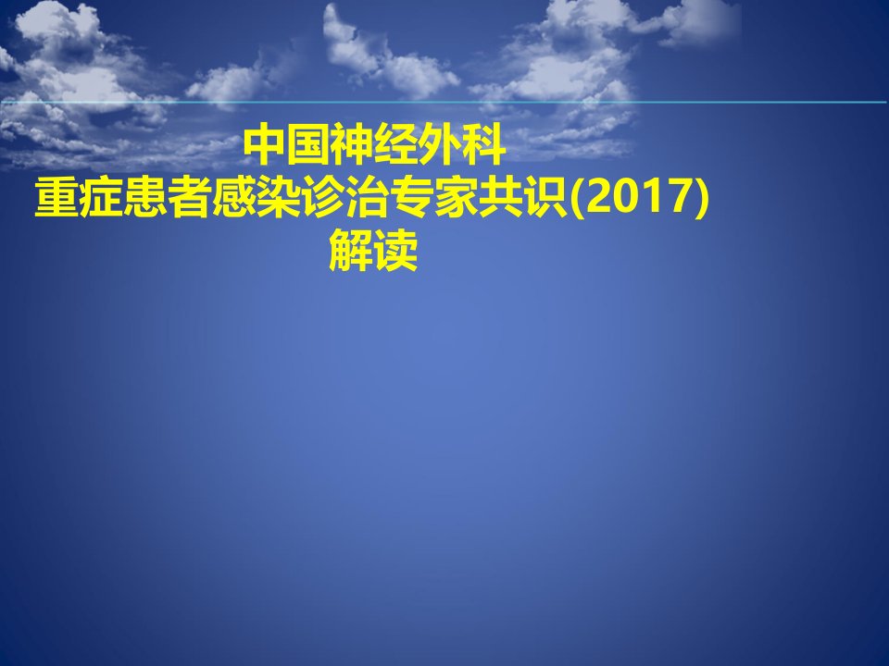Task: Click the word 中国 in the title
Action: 286,145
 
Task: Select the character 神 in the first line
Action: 352,145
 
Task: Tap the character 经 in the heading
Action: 395,145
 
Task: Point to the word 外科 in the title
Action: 462,145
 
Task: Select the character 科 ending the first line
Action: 484,145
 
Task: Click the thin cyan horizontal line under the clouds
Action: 444,103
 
